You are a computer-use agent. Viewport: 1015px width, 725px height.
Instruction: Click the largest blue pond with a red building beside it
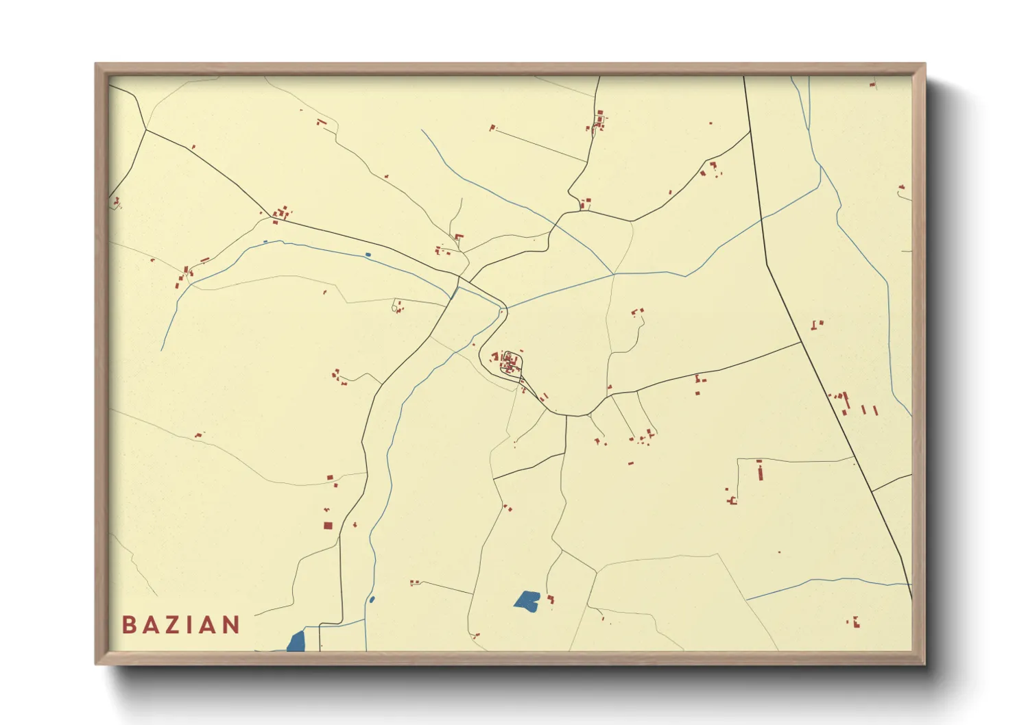[x=527, y=600]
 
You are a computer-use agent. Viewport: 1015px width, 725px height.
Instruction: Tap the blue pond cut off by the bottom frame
[x=296, y=641]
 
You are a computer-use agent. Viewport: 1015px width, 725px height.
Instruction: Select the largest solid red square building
[x=328, y=526]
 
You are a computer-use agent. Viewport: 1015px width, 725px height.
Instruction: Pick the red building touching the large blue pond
[x=550, y=600]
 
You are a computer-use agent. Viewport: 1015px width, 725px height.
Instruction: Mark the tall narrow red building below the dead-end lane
[x=760, y=471]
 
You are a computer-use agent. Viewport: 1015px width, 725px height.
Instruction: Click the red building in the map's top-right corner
[x=873, y=84]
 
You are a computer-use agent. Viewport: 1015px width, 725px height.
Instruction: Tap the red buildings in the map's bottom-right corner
[x=855, y=622]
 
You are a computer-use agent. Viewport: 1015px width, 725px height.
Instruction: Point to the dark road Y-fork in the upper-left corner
[x=145, y=129]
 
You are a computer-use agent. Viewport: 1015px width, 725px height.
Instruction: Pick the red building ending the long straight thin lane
[x=492, y=127]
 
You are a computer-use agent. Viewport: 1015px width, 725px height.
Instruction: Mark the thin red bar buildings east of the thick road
[x=869, y=410]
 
